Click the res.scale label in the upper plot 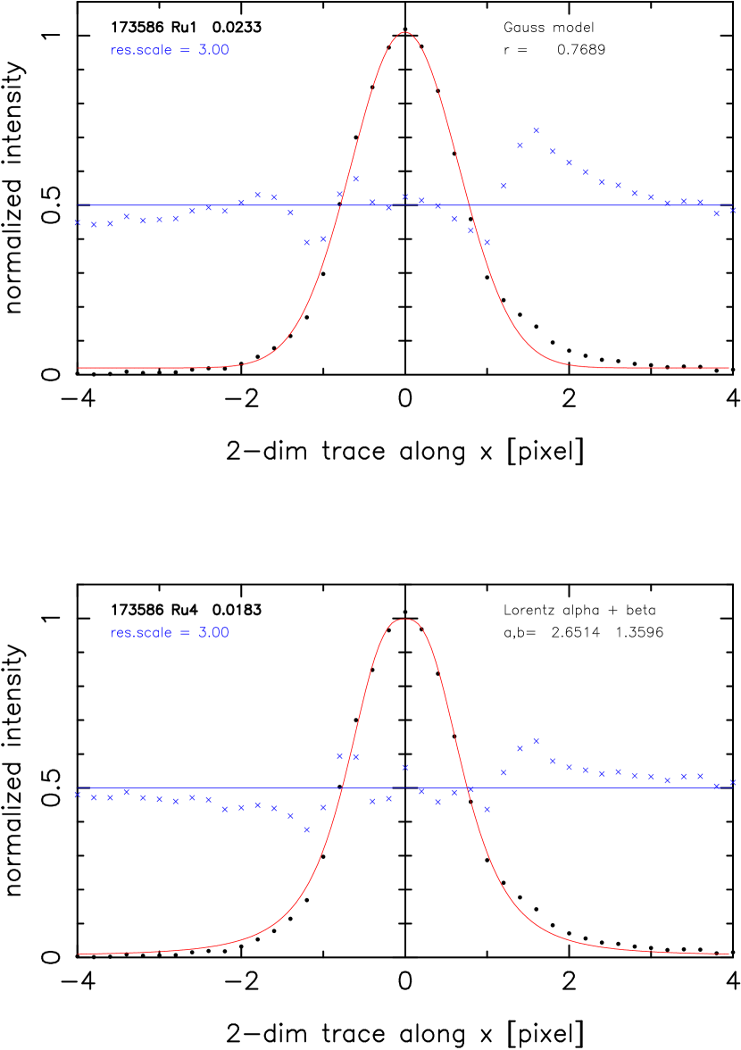click(x=141, y=51)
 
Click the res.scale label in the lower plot click(x=141, y=633)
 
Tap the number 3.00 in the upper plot click(x=213, y=51)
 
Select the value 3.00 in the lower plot click(x=213, y=633)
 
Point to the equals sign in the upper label click(x=185, y=51)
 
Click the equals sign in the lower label click(x=185, y=633)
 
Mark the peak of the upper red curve click(x=405, y=32)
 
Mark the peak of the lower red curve click(x=406, y=619)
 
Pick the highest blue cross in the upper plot click(x=536, y=130)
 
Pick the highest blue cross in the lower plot click(x=536, y=741)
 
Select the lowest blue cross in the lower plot click(x=307, y=829)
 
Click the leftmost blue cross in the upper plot click(x=77, y=223)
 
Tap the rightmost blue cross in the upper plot click(x=733, y=211)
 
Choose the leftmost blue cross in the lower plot click(x=77, y=794)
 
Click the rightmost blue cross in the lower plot click(x=733, y=782)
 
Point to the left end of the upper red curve click(x=79, y=367)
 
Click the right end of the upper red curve click(x=729, y=367)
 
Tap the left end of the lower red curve click(x=79, y=953)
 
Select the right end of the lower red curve click(x=729, y=953)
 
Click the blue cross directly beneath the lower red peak click(x=405, y=768)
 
